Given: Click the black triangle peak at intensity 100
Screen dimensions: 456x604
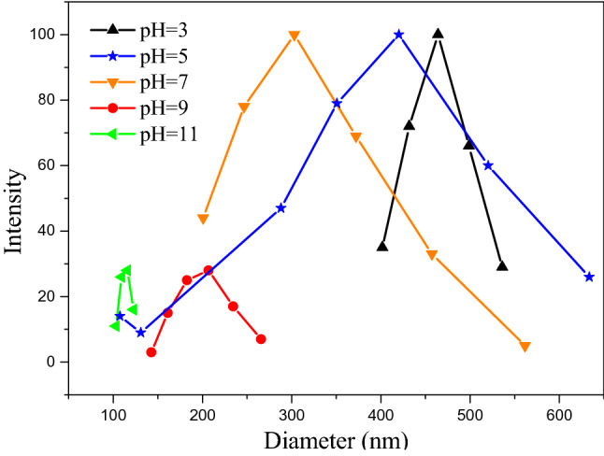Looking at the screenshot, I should pos(438,34).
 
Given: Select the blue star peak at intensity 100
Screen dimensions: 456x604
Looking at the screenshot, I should pos(399,35).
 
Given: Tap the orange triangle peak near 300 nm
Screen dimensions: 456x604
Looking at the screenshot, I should pos(295,36).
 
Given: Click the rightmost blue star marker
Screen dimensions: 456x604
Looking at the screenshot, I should pos(589,277).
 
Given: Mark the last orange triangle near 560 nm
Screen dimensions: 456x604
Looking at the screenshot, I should pos(525,347).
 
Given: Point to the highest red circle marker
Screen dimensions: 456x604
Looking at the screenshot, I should pos(209,270).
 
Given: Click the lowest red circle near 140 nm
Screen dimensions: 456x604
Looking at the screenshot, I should pos(151,352).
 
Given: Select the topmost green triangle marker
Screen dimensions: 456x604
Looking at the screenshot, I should pos(126,270).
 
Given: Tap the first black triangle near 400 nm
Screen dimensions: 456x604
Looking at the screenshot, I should pos(381,247).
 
